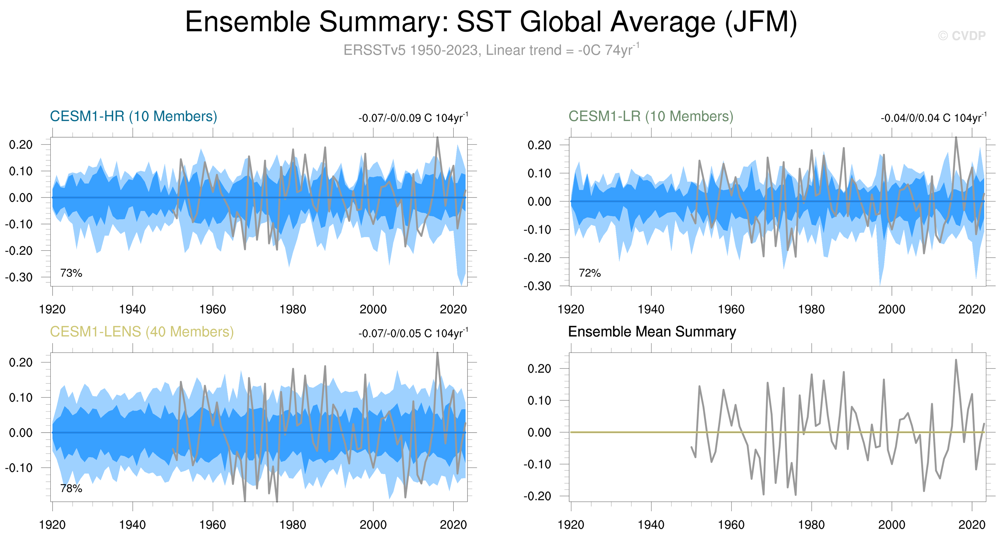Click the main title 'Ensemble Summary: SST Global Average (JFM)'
(x=491, y=22)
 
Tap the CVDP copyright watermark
(x=962, y=36)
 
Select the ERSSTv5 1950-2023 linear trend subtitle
(x=491, y=50)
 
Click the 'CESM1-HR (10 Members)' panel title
(x=133, y=116)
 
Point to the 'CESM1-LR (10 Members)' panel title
(x=651, y=116)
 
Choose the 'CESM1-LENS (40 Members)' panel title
(x=142, y=332)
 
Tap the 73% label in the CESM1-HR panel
(x=71, y=273)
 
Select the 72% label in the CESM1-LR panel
(x=589, y=273)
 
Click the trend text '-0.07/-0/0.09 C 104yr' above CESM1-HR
(x=413, y=118)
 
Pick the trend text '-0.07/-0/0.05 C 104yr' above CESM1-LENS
(x=413, y=333)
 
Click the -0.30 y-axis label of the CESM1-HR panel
(x=19, y=277)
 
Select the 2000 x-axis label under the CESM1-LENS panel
(x=373, y=525)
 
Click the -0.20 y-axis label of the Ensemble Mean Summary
(x=538, y=496)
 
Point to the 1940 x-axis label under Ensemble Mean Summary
(x=651, y=525)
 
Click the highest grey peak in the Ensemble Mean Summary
(x=956, y=360)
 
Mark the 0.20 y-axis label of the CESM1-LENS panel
(x=21, y=362)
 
